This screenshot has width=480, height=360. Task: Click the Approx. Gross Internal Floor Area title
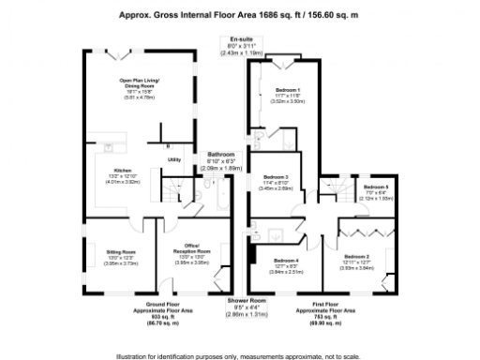point(240,14)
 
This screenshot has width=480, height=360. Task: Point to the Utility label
point(174,160)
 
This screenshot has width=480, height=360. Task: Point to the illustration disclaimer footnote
point(240,354)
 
